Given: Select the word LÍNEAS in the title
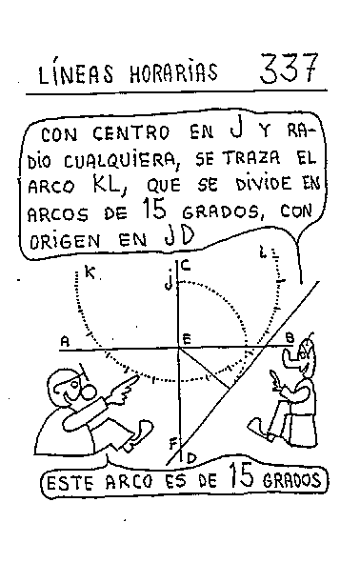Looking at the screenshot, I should coord(72,73).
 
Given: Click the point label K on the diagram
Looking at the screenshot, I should coord(90,273).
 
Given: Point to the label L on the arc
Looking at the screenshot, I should coord(262,254).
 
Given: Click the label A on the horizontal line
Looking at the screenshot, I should coord(64,340).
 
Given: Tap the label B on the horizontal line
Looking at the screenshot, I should coord(289,337).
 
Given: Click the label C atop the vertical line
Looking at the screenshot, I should coord(186,267).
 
